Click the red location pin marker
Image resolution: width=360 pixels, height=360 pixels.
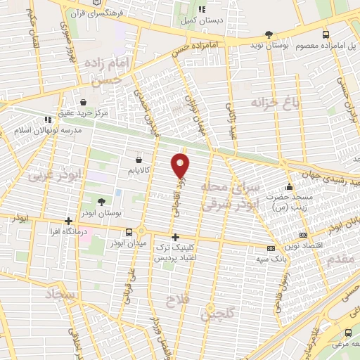pos(181,165)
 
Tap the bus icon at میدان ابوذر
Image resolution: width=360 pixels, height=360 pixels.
pos(129,232)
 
